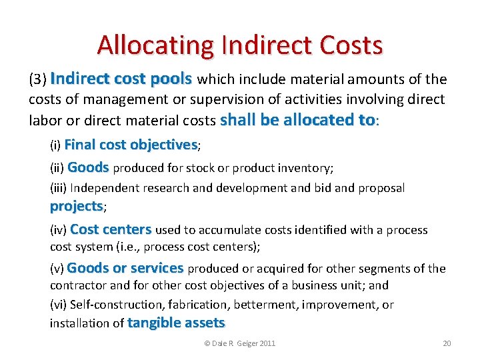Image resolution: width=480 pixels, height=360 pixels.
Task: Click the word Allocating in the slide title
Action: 155,45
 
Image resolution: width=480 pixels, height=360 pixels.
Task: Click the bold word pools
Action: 171,79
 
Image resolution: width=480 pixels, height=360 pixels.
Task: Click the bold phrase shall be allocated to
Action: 298,120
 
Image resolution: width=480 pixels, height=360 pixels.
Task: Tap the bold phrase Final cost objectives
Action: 131,145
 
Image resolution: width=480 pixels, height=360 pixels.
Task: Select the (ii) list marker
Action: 57,168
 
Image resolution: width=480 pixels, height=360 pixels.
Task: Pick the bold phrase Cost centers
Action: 111,229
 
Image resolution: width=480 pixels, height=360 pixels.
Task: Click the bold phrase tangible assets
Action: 176,323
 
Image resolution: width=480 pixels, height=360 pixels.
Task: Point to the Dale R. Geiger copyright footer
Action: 239,343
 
